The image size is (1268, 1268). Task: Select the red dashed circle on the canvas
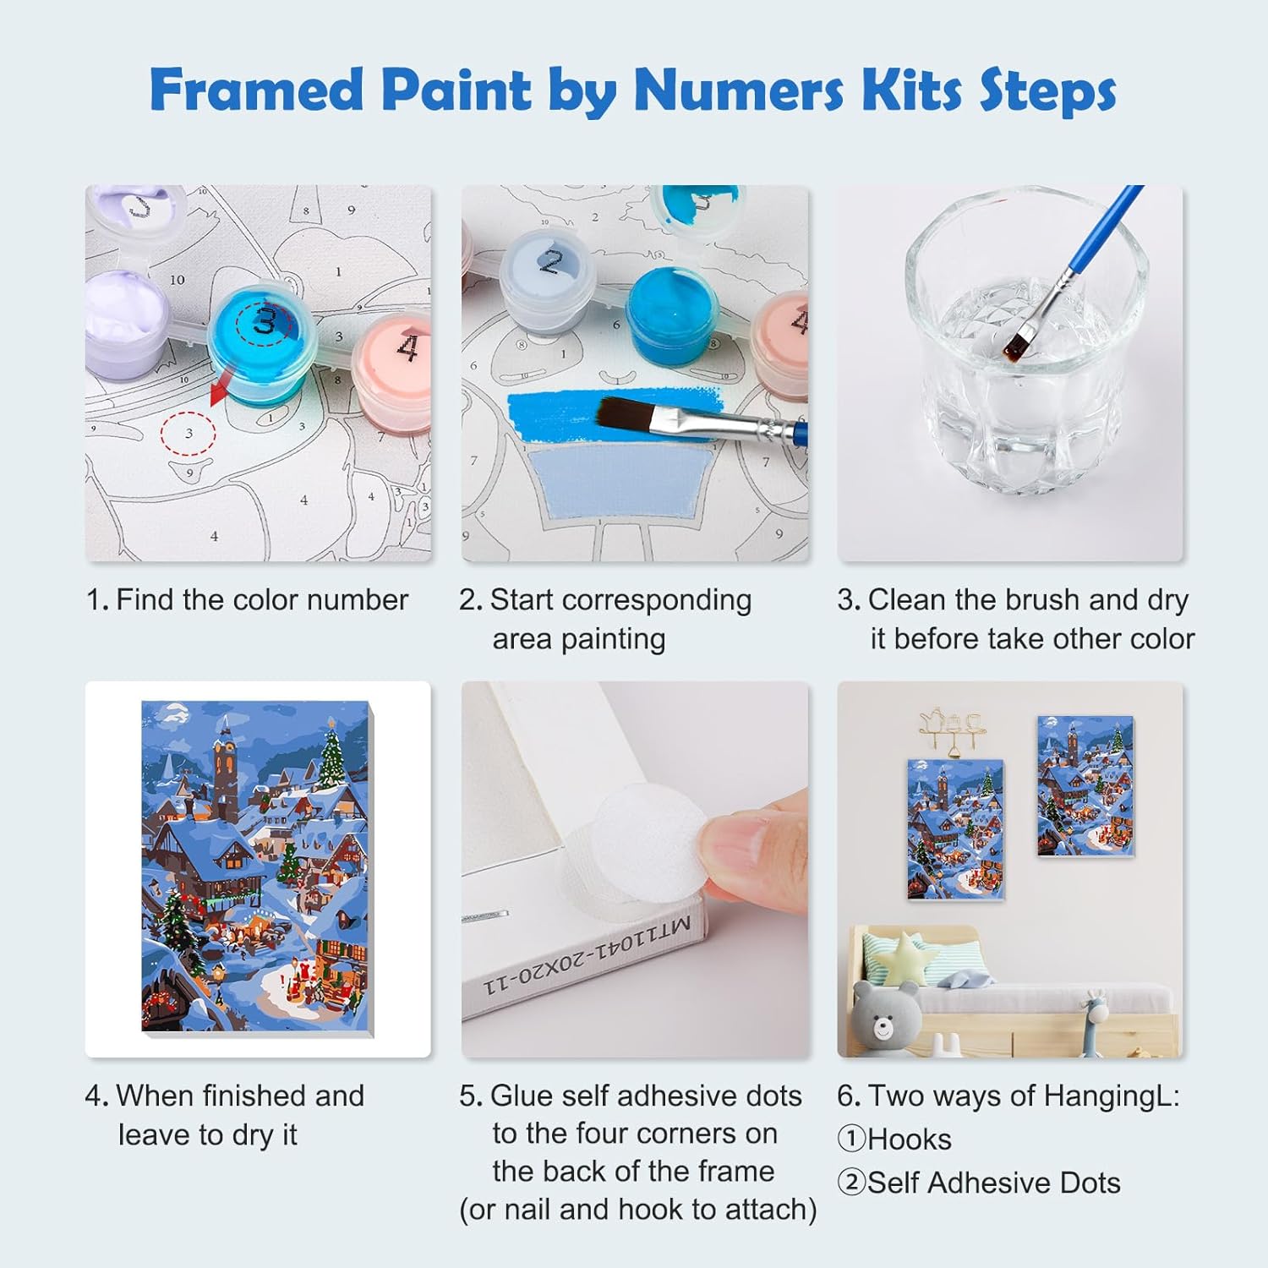pos(189,433)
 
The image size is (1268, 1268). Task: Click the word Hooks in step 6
pos(910,1140)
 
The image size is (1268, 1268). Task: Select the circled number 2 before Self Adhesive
pos(851,1183)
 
